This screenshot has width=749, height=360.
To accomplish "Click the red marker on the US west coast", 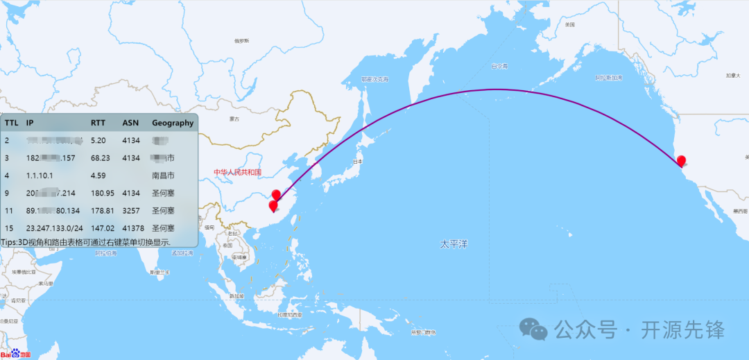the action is [681, 161].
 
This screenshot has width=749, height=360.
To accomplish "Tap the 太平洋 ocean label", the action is [454, 244].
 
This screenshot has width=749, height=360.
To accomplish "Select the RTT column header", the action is [98, 123].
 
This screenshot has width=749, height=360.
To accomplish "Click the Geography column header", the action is [173, 123].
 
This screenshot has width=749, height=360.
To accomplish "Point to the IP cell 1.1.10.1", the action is [40, 175].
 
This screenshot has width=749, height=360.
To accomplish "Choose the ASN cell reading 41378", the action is [133, 228].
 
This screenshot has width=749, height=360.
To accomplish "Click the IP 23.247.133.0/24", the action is [55, 228].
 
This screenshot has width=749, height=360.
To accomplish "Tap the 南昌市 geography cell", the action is [163, 175].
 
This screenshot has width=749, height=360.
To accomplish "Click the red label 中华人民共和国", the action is [237, 171].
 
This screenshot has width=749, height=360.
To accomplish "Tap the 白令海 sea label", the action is [499, 67].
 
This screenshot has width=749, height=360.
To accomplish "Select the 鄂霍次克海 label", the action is [374, 80].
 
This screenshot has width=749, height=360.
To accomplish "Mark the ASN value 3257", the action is [131, 210].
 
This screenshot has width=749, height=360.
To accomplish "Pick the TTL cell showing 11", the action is [9, 210].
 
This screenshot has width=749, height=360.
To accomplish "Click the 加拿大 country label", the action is [734, 75].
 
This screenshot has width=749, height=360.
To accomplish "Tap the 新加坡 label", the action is [239, 295].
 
